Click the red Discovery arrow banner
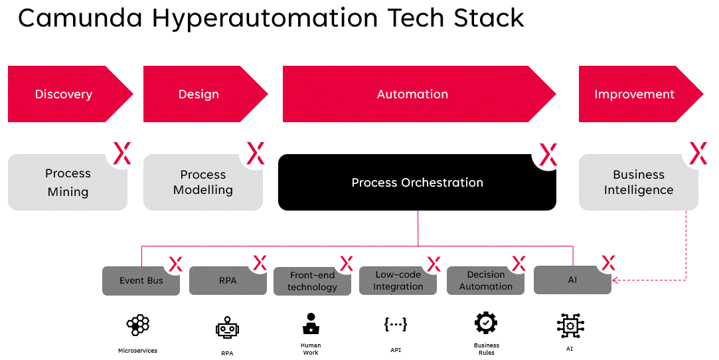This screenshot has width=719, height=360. (64, 94)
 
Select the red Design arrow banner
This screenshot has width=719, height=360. (199, 94)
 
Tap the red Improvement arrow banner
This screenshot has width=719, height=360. (634, 94)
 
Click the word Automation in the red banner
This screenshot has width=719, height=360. (412, 94)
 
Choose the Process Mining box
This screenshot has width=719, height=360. (67, 183)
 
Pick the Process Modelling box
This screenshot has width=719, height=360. (202, 183)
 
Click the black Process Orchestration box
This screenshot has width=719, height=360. (417, 183)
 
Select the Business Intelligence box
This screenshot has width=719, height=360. (638, 183)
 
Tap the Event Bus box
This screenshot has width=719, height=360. (141, 281)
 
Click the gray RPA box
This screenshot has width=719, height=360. (228, 281)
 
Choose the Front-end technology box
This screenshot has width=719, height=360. (312, 281)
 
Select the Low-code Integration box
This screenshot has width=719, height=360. (398, 281)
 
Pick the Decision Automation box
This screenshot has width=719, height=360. (485, 281)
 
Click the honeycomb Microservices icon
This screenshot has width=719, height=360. (137, 325)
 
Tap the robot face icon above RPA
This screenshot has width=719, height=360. (227, 328)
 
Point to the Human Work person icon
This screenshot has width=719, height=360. (310, 323)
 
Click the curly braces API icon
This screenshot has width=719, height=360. (396, 324)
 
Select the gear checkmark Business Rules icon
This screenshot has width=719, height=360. (486, 323)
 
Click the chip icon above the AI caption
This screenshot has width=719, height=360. (570, 325)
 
